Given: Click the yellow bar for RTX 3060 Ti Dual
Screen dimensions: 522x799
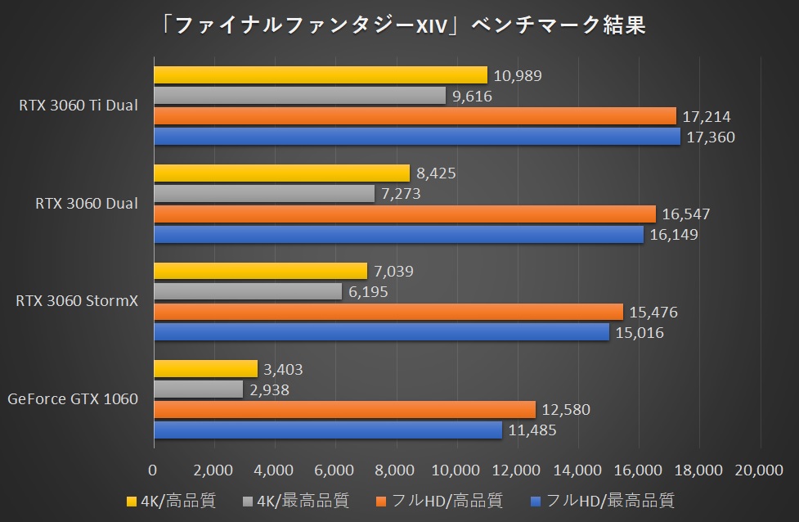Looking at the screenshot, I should pyautogui.click(x=320, y=75).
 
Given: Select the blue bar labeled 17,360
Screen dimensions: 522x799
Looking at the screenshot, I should pyautogui.click(x=417, y=137).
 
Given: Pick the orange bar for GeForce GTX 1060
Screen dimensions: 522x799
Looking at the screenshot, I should pyautogui.click(x=344, y=409).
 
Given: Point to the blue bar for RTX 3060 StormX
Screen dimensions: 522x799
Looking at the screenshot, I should pyautogui.click(x=381, y=332).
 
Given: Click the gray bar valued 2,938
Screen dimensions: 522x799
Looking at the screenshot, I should pyautogui.click(x=198, y=389).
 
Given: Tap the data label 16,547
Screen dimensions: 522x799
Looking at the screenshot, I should pyautogui.click(x=685, y=214).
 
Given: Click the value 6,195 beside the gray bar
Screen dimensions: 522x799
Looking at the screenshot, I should pyautogui.click(x=369, y=291).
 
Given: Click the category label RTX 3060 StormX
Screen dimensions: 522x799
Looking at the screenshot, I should pyautogui.click(x=77, y=301).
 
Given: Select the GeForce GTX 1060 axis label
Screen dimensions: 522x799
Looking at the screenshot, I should pyautogui.click(x=73, y=399).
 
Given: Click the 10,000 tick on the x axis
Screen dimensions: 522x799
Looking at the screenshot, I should pyautogui.click(x=456, y=470).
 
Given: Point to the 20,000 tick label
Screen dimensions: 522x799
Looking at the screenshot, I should pyautogui.click(x=761, y=470).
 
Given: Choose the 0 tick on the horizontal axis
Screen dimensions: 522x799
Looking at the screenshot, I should pyautogui.click(x=153, y=470).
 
